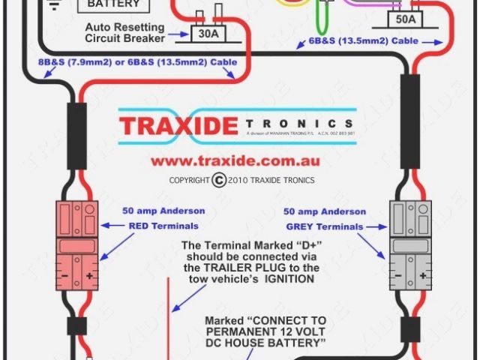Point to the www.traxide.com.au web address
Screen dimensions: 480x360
[x=235, y=160]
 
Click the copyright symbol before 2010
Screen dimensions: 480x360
[x=218, y=180]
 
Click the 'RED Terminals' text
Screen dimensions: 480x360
[x=163, y=226]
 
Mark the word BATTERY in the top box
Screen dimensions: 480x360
[x=113, y=4]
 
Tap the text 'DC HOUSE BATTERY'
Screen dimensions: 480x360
[x=265, y=343]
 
